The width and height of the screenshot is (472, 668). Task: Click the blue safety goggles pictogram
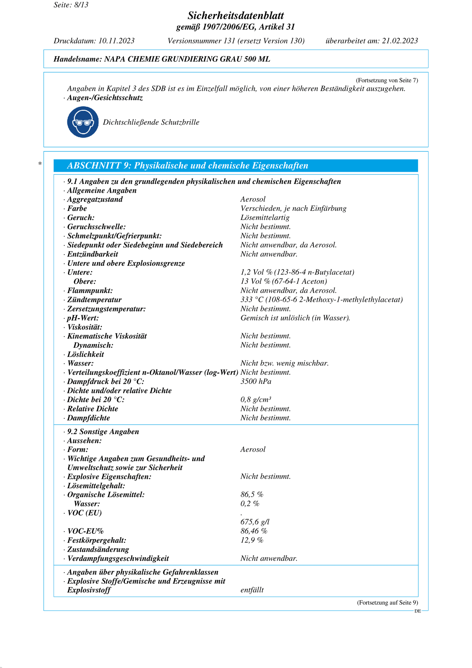(83, 122)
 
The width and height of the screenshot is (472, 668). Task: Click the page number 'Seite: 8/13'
(71, 5)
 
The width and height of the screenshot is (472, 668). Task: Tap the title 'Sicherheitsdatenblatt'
(236, 15)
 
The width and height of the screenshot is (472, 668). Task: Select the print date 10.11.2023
(116, 41)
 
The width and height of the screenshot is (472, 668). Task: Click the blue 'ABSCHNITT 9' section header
(236, 166)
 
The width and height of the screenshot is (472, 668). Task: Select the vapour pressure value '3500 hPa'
(256, 382)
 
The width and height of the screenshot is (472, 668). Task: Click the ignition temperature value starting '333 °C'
(321, 300)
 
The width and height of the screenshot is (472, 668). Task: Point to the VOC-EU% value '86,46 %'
(254, 531)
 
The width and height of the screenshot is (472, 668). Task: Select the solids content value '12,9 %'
(252, 540)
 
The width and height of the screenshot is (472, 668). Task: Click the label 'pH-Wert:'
(83, 318)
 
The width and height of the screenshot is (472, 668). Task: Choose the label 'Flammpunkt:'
(90, 290)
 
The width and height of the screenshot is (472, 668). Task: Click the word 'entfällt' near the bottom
(252, 590)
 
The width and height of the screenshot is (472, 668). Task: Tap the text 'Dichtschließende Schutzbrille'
(151, 122)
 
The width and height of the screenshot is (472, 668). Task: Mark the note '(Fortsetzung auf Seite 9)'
(387, 603)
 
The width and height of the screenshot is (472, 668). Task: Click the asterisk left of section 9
(40, 164)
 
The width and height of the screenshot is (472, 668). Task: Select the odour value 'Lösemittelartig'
(265, 218)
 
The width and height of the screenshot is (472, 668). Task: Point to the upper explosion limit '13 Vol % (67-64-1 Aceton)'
(284, 281)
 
